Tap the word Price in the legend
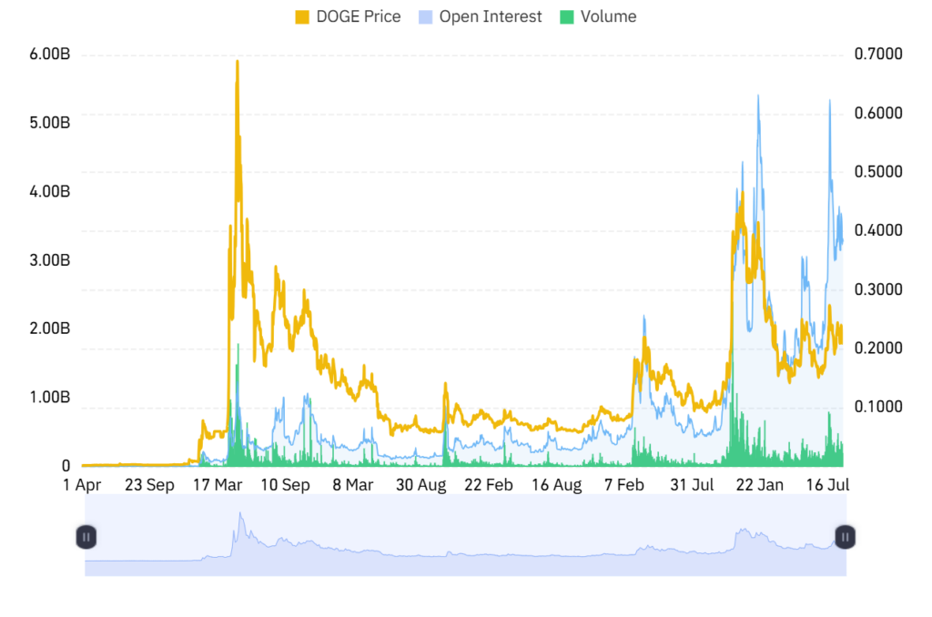383,17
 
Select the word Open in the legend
459,17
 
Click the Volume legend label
608,17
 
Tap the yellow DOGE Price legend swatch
303,17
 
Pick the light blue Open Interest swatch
425,17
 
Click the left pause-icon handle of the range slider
85,537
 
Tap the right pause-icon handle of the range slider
846,537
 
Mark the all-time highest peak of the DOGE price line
238,61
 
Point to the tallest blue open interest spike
757,95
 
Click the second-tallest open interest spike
829,100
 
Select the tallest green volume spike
238,346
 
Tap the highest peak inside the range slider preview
240,513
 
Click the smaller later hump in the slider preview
746,531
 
